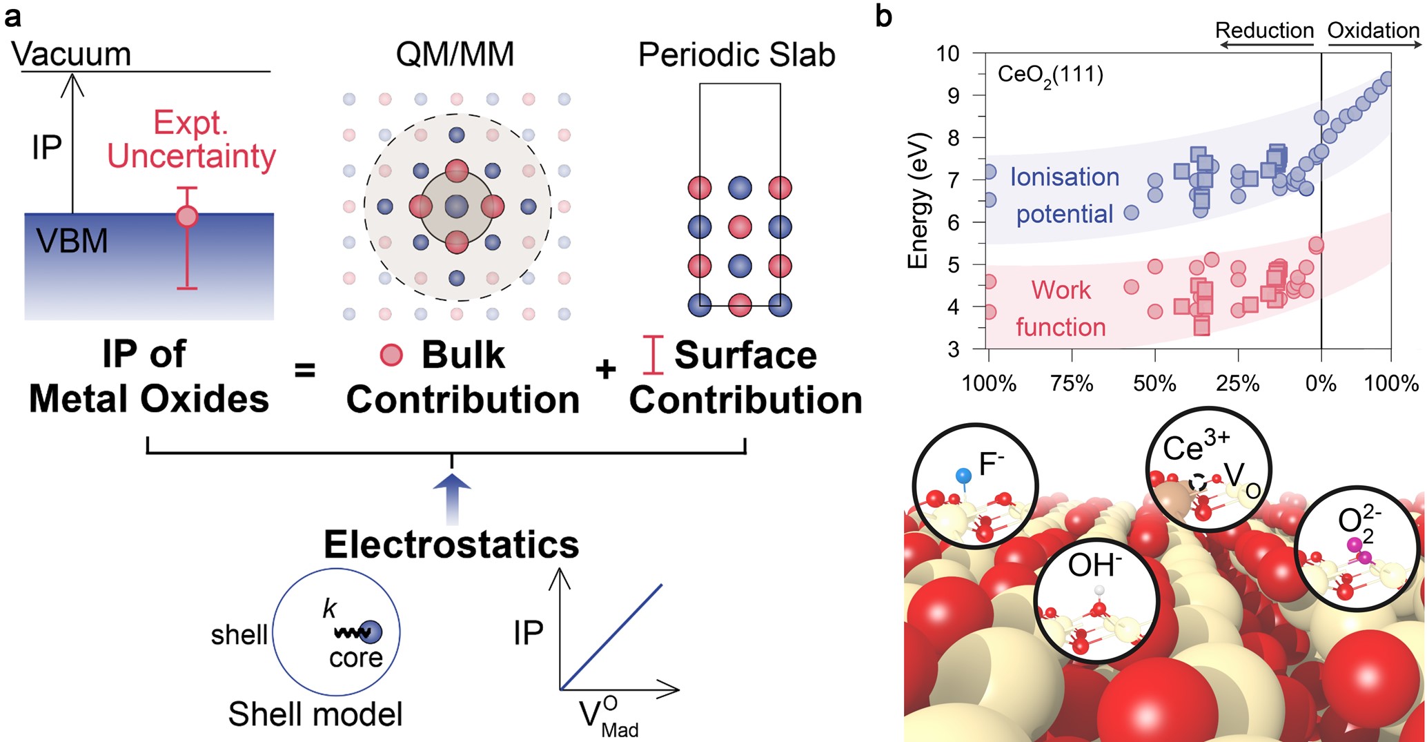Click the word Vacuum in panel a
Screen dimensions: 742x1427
(x=71, y=54)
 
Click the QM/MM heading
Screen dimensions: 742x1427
(x=455, y=55)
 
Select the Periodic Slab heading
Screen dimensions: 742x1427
(x=736, y=55)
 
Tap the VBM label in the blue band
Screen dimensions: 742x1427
(x=72, y=242)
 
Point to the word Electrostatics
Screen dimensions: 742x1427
(x=451, y=545)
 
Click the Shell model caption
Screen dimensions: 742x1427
(x=315, y=714)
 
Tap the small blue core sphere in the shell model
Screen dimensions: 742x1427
(x=371, y=632)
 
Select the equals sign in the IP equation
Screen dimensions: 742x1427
(x=304, y=371)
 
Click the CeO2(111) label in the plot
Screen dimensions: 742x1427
(x=1050, y=75)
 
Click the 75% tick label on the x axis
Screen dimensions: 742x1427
(x=1072, y=384)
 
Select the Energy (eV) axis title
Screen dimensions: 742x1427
(x=918, y=200)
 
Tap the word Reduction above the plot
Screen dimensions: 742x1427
(x=1264, y=30)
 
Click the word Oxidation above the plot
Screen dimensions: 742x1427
(x=1373, y=30)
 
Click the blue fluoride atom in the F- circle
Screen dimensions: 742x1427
(x=963, y=475)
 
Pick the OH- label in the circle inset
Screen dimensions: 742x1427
(x=1094, y=566)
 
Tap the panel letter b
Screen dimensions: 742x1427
(x=883, y=17)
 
